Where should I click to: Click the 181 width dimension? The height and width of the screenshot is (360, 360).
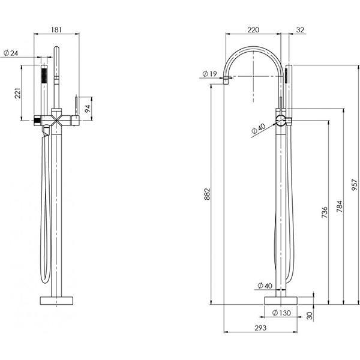pyautogui.click(x=58, y=28)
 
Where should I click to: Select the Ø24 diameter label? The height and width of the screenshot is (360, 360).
pyautogui.click(x=11, y=53)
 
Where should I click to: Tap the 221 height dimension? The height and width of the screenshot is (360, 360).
pyautogui.click(x=17, y=93)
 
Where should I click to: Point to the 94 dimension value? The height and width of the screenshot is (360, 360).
pyautogui.click(x=87, y=109)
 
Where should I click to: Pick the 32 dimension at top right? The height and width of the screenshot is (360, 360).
pyautogui.click(x=301, y=28)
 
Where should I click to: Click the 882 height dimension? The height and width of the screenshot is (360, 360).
pyautogui.click(x=206, y=193)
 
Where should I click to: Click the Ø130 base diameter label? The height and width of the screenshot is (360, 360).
pyautogui.click(x=281, y=313)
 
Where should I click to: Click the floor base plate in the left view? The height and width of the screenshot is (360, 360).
pyautogui.click(x=58, y=301)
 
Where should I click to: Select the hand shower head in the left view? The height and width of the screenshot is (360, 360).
pyautogui.click(x=43, y=78)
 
